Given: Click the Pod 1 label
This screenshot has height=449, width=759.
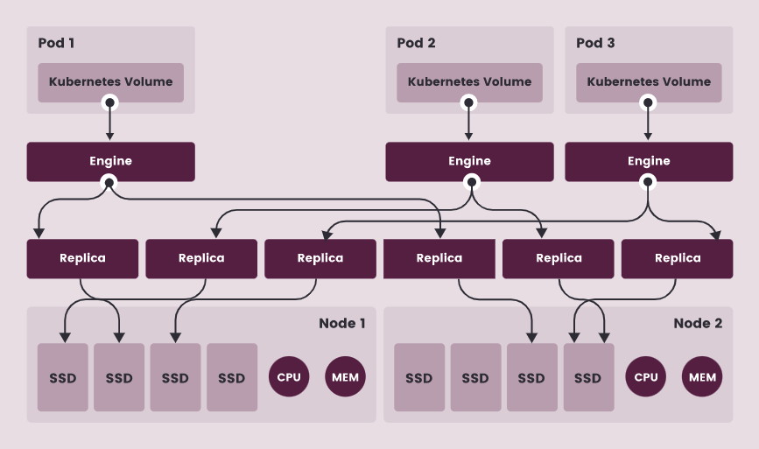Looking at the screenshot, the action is tap(56, 43).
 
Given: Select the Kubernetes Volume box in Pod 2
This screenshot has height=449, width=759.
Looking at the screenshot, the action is tap(469, 82).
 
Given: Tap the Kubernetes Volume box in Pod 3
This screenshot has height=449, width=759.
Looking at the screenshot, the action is tap(649, 82).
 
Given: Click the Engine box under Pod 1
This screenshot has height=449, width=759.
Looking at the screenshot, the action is tap(111, 162).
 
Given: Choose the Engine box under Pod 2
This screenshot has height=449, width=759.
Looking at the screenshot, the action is tap(469, 162).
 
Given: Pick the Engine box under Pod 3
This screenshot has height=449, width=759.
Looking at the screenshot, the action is tap(649, 162).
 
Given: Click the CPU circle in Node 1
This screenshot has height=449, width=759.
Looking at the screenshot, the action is tap(289, 376).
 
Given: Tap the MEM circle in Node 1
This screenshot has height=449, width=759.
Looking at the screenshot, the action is tap(345, 376).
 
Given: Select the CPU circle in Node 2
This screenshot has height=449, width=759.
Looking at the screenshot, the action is tap(646, 376).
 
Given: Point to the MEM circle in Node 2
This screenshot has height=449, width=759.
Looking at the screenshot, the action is tap(702, 376).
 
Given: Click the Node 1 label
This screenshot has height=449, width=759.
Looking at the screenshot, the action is tap(341, 323).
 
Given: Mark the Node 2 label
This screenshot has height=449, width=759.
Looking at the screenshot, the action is tap(698, 323).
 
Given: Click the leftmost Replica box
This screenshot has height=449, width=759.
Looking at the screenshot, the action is tap(82, 258).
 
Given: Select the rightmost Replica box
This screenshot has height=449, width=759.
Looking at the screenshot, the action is tap(678, 258).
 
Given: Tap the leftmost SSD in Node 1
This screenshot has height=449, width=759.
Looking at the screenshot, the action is tap(63, 377).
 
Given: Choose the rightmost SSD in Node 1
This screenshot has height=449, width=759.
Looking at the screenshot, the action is tap(232, 377).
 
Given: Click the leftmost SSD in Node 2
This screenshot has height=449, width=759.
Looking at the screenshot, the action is tap(419, 377).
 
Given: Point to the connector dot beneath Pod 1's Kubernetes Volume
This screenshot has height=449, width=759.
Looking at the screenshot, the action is tap(110, 102).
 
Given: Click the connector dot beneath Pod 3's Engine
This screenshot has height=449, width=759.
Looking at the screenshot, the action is tap(648, 182).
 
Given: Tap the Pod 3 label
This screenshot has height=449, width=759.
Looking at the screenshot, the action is tap(595, 43).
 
